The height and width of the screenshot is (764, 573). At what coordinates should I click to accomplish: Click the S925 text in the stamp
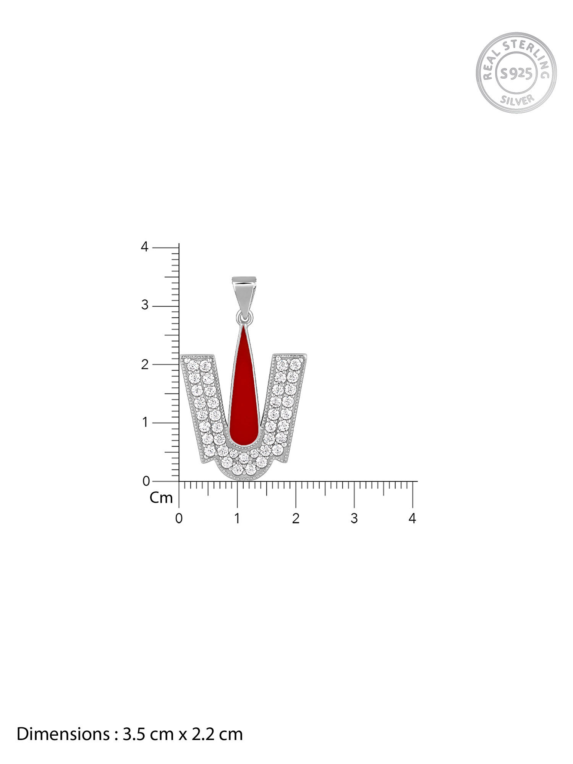click(516, 73)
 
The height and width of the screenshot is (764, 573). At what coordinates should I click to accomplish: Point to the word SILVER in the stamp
click(517, 100)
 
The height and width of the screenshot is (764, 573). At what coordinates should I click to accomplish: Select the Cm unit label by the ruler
click(161, 498)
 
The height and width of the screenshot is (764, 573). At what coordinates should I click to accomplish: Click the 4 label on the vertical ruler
click(144, 247)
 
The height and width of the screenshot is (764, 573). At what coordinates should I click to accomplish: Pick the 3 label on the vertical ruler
click(144, 305)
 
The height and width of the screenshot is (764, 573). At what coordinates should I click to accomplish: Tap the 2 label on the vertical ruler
click(144, 364)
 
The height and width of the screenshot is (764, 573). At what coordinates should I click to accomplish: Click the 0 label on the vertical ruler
click(146, 481)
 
